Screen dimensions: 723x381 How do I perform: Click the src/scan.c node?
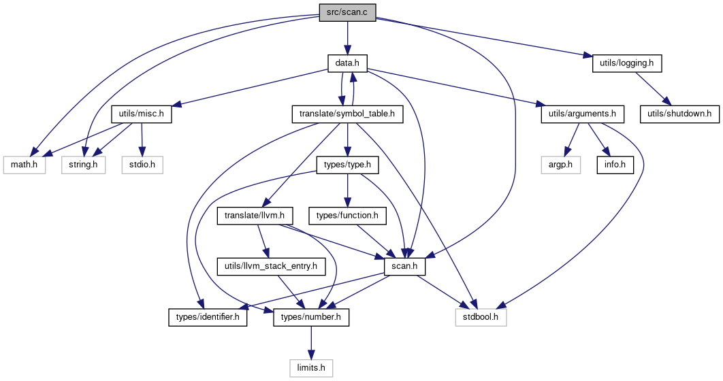347,12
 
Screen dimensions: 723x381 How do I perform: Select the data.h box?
347,63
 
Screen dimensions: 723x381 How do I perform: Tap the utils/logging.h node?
627,63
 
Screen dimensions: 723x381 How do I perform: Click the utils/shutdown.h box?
679,114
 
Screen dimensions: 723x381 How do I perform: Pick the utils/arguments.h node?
582,114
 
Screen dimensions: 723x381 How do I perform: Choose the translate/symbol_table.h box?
347,114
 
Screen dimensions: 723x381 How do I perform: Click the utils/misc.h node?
141,114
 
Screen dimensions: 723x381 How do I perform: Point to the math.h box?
24,165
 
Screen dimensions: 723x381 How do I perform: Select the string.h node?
84,165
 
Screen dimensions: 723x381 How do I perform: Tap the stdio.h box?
142,165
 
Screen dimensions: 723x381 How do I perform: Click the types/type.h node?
347,165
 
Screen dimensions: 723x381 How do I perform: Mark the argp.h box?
561,165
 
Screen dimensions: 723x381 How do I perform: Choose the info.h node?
615,165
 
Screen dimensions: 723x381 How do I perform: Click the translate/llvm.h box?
255,216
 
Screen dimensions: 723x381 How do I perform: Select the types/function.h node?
347,216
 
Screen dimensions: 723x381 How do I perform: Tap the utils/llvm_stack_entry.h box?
271,267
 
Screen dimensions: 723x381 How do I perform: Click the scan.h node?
404,267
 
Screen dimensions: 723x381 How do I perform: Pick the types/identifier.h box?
208,318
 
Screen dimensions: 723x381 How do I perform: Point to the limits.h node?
311,369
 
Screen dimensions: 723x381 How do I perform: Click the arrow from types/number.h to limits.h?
311,343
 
